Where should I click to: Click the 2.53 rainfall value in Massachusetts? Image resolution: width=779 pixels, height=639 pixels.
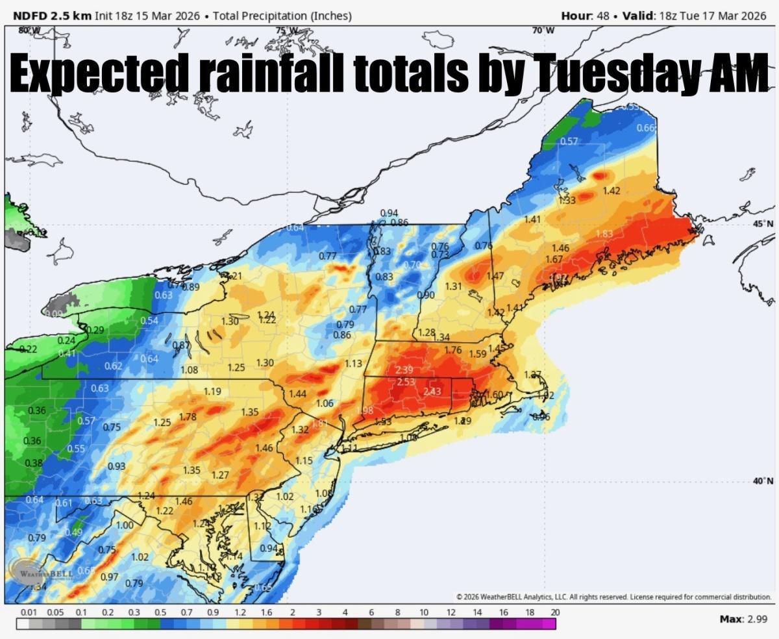tap(406, 382)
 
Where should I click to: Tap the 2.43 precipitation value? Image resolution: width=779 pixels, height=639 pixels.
tap(432, 392)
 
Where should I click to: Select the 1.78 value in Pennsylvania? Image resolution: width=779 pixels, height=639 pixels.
tap(188, 417)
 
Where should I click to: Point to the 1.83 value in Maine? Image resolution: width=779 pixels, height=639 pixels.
tap(604, 234)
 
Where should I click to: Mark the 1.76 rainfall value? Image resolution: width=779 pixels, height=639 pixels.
tap(452, 351)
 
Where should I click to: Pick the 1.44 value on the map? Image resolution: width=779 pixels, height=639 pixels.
tap(297, 394)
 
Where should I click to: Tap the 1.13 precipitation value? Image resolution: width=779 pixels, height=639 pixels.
tap(353, 364)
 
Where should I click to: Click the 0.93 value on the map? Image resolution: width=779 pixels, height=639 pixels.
tap(116, 466)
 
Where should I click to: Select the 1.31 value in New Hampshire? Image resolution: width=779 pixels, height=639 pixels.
tap(453, 286)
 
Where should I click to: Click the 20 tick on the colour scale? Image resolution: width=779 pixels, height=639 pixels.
tap(554, 612)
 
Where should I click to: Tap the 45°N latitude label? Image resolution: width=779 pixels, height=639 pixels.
tap(762, 223)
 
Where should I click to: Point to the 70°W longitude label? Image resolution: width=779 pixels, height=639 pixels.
tap(544, 31)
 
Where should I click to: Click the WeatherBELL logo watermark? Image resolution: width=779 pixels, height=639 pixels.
tap(40, 573)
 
